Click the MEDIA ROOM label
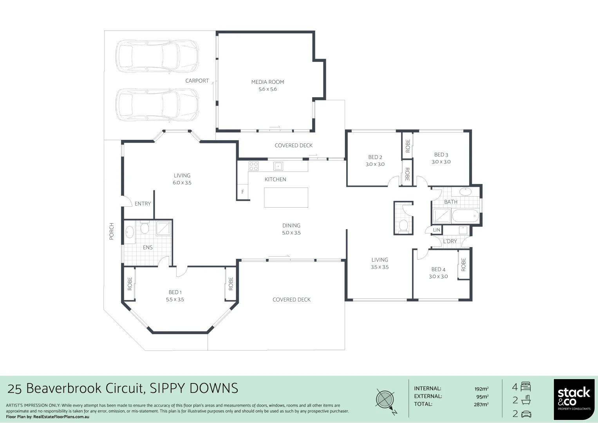[x=267, y=82]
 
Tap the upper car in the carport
[x=157, y=56]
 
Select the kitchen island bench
[x=286, y=197]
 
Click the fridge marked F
[x=243, y=192]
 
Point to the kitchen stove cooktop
[x=253, y=166]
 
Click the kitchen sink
[x=278, y=166]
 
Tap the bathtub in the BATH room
[x=465, y=216]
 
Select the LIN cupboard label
[x=436, y=230]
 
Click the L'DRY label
[x=450, y=241]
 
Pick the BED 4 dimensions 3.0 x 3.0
[x=438, y=277]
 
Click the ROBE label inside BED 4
[x=464, y=265]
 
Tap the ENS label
[x=148, y=248]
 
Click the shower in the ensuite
[x=164, y=228]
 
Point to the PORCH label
[x=112, y=231]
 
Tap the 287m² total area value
[x=481, y=405]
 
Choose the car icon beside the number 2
[x=526, y=414]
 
